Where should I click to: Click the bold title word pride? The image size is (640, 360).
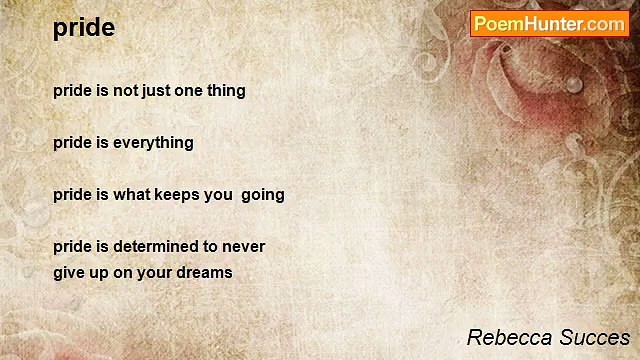(84, 28)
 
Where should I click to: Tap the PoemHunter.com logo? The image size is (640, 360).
(549, 24)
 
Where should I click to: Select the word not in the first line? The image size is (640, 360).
(127, 90)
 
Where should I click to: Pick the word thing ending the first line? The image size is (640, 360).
(226, 90)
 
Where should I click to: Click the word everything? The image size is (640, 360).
(153, 142)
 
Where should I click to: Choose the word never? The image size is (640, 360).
(244, 246)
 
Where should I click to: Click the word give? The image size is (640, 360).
(69, 272)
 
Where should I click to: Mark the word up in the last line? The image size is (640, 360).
(101, 272)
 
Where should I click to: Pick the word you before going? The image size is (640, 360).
(218, 194)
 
